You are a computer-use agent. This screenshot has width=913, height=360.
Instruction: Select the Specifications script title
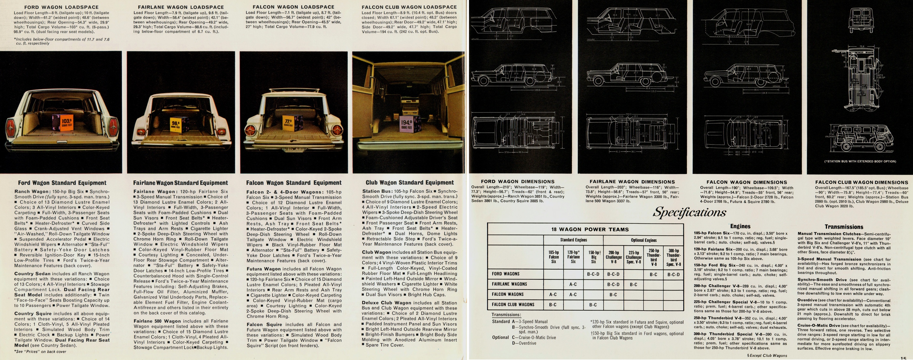click(689, 212)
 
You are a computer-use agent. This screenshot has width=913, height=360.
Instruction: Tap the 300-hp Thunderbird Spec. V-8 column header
click(673, 258)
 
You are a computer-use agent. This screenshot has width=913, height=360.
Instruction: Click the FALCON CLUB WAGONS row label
click(513, 304)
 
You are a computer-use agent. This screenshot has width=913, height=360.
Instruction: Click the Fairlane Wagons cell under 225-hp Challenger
click(633, 284)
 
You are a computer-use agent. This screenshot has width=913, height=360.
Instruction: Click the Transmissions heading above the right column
click(844, 227)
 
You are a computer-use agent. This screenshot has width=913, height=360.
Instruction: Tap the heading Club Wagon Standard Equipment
click(409, 183)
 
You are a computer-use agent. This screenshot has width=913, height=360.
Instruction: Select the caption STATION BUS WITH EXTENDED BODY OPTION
click(860, 162)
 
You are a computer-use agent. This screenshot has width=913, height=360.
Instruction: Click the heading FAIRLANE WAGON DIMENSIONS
click(632, 182)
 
